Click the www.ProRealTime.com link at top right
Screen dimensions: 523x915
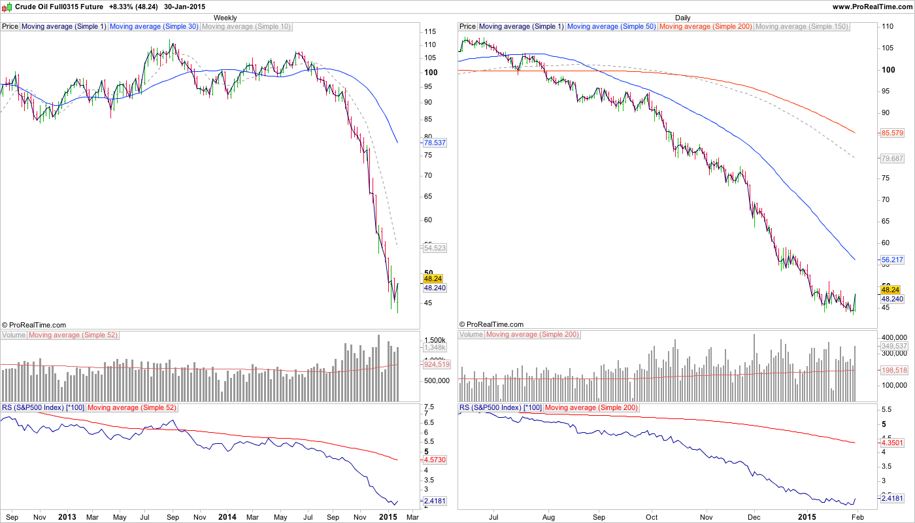click(872, 7)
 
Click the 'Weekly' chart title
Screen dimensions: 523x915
click(225, 18)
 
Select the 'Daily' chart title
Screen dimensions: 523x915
click(682, 18)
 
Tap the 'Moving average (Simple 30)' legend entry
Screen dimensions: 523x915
click(154, 27)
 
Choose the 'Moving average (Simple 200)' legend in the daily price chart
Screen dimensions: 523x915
click(706, 27)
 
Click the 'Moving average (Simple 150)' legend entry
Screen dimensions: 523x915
click(801, 27)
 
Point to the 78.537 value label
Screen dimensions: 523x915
click(435, 143)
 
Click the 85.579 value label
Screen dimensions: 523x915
click(892, 133)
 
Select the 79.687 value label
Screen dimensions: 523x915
click(892, 158)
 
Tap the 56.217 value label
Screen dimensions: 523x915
click(892, 260)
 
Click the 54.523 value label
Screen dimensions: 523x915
click(435, 248)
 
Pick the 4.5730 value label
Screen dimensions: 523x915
click(435, 460)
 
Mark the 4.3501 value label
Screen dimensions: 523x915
click(892, 443)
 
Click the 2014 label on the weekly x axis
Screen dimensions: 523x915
click(227, 516)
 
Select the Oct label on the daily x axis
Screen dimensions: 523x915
click(651, 516)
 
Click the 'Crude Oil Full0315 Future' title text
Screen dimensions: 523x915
click(59, 7)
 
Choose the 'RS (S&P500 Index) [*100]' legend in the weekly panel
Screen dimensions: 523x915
click(43, 408)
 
